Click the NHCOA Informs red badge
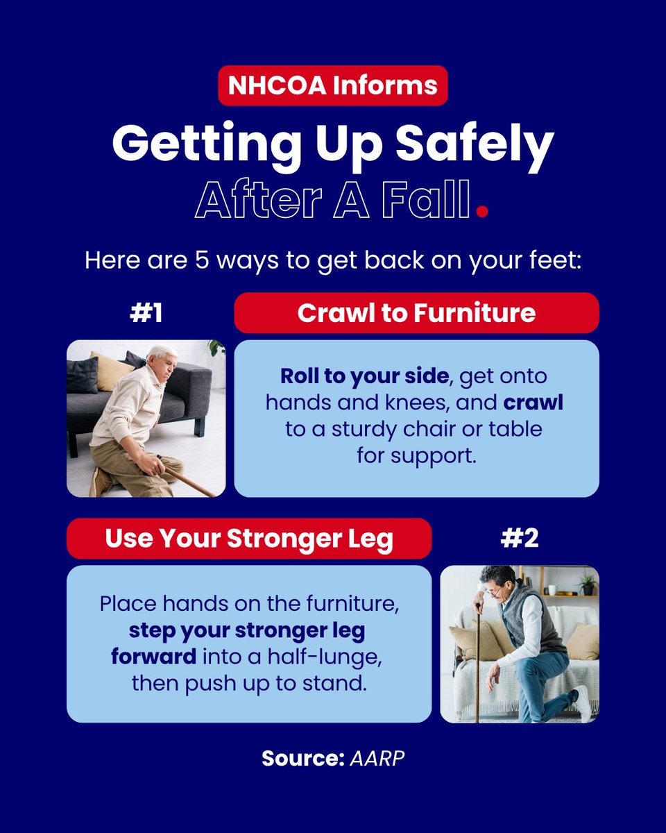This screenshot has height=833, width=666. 333,85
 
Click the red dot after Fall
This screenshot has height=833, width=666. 482,211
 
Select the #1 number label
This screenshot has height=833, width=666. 146,313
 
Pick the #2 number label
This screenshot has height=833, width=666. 520,538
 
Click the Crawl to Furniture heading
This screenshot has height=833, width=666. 416,312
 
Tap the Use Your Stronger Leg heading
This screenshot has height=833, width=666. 249,538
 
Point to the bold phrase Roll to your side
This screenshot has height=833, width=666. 364,376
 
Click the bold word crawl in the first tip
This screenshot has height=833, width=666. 533,403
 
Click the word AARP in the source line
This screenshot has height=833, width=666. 377,758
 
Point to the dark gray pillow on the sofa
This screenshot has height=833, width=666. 83,375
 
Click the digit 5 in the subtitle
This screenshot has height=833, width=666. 201,260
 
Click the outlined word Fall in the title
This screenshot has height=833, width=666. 426,199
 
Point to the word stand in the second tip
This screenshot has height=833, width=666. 334,684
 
